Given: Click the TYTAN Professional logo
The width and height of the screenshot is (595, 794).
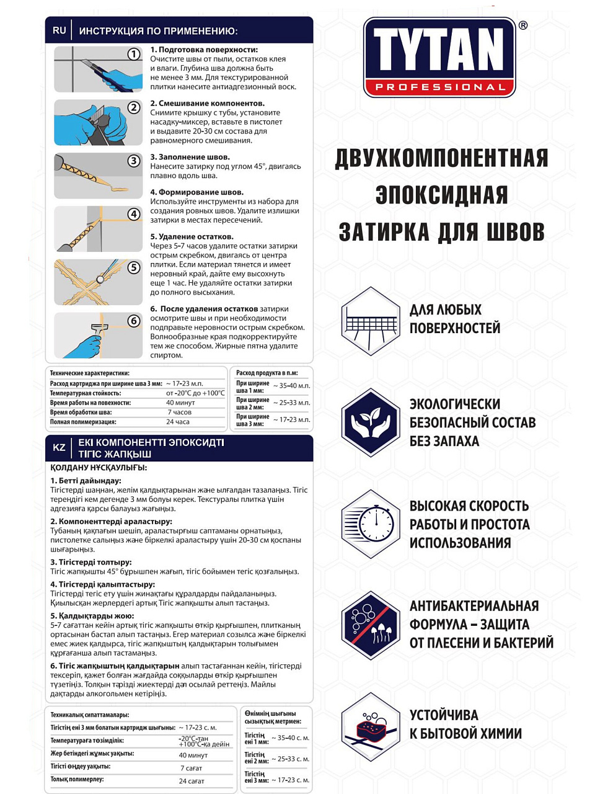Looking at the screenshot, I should click(439, 57).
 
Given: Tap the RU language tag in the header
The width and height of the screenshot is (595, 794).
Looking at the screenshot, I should click(59, 30).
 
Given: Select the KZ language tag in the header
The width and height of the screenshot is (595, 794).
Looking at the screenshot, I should click(59, 448).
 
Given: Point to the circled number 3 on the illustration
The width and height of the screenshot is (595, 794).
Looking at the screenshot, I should click(134, 161).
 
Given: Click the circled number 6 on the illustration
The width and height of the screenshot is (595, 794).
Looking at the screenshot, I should click(134, 321).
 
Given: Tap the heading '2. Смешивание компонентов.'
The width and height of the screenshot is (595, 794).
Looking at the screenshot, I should click(207, 104).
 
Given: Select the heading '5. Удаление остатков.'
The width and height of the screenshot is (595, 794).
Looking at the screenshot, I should click(192, 237).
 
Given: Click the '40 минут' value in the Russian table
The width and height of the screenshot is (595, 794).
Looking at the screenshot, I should click(180, 403).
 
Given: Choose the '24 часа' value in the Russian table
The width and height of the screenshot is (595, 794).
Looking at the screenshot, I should click(178, 422).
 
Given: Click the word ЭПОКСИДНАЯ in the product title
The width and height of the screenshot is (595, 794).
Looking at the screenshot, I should click(441, 195).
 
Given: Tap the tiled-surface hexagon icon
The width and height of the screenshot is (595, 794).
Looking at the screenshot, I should click(371, 321).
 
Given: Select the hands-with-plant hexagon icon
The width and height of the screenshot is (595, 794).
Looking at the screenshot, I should click(371, 422).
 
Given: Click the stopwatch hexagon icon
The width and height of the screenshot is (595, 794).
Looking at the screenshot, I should click(371, 524).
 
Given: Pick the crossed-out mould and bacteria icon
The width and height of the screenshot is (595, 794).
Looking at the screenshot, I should click(371, 625).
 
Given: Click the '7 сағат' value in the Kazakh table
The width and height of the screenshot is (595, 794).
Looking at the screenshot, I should click(191, 768).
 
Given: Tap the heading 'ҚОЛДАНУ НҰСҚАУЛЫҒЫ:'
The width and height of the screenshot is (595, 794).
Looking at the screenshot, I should click(99, 468).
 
